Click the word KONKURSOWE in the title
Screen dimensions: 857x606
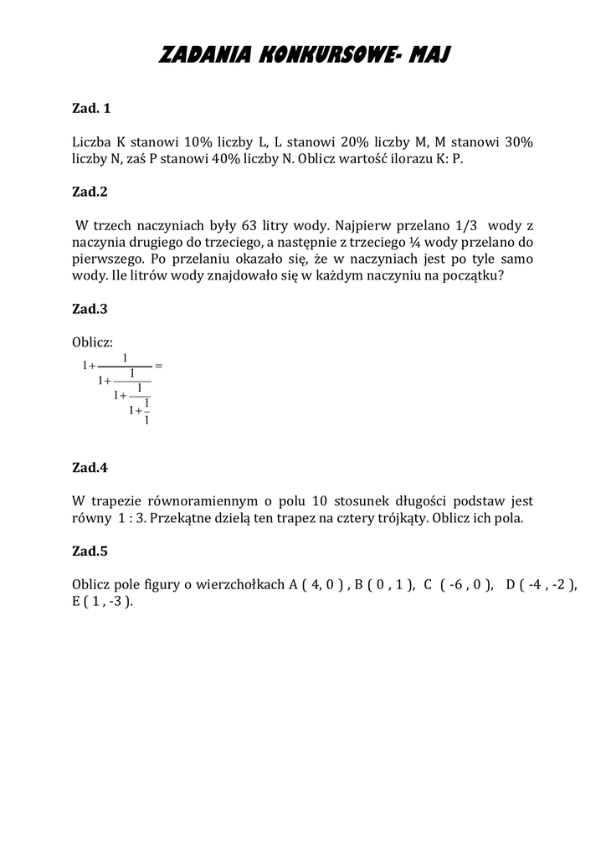317,56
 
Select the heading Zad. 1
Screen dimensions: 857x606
91,108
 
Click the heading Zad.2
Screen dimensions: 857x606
90,191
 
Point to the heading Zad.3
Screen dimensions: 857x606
90,308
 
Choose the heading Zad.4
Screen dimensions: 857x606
90,467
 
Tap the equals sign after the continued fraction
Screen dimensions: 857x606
158,366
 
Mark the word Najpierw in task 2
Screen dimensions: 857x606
362,225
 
